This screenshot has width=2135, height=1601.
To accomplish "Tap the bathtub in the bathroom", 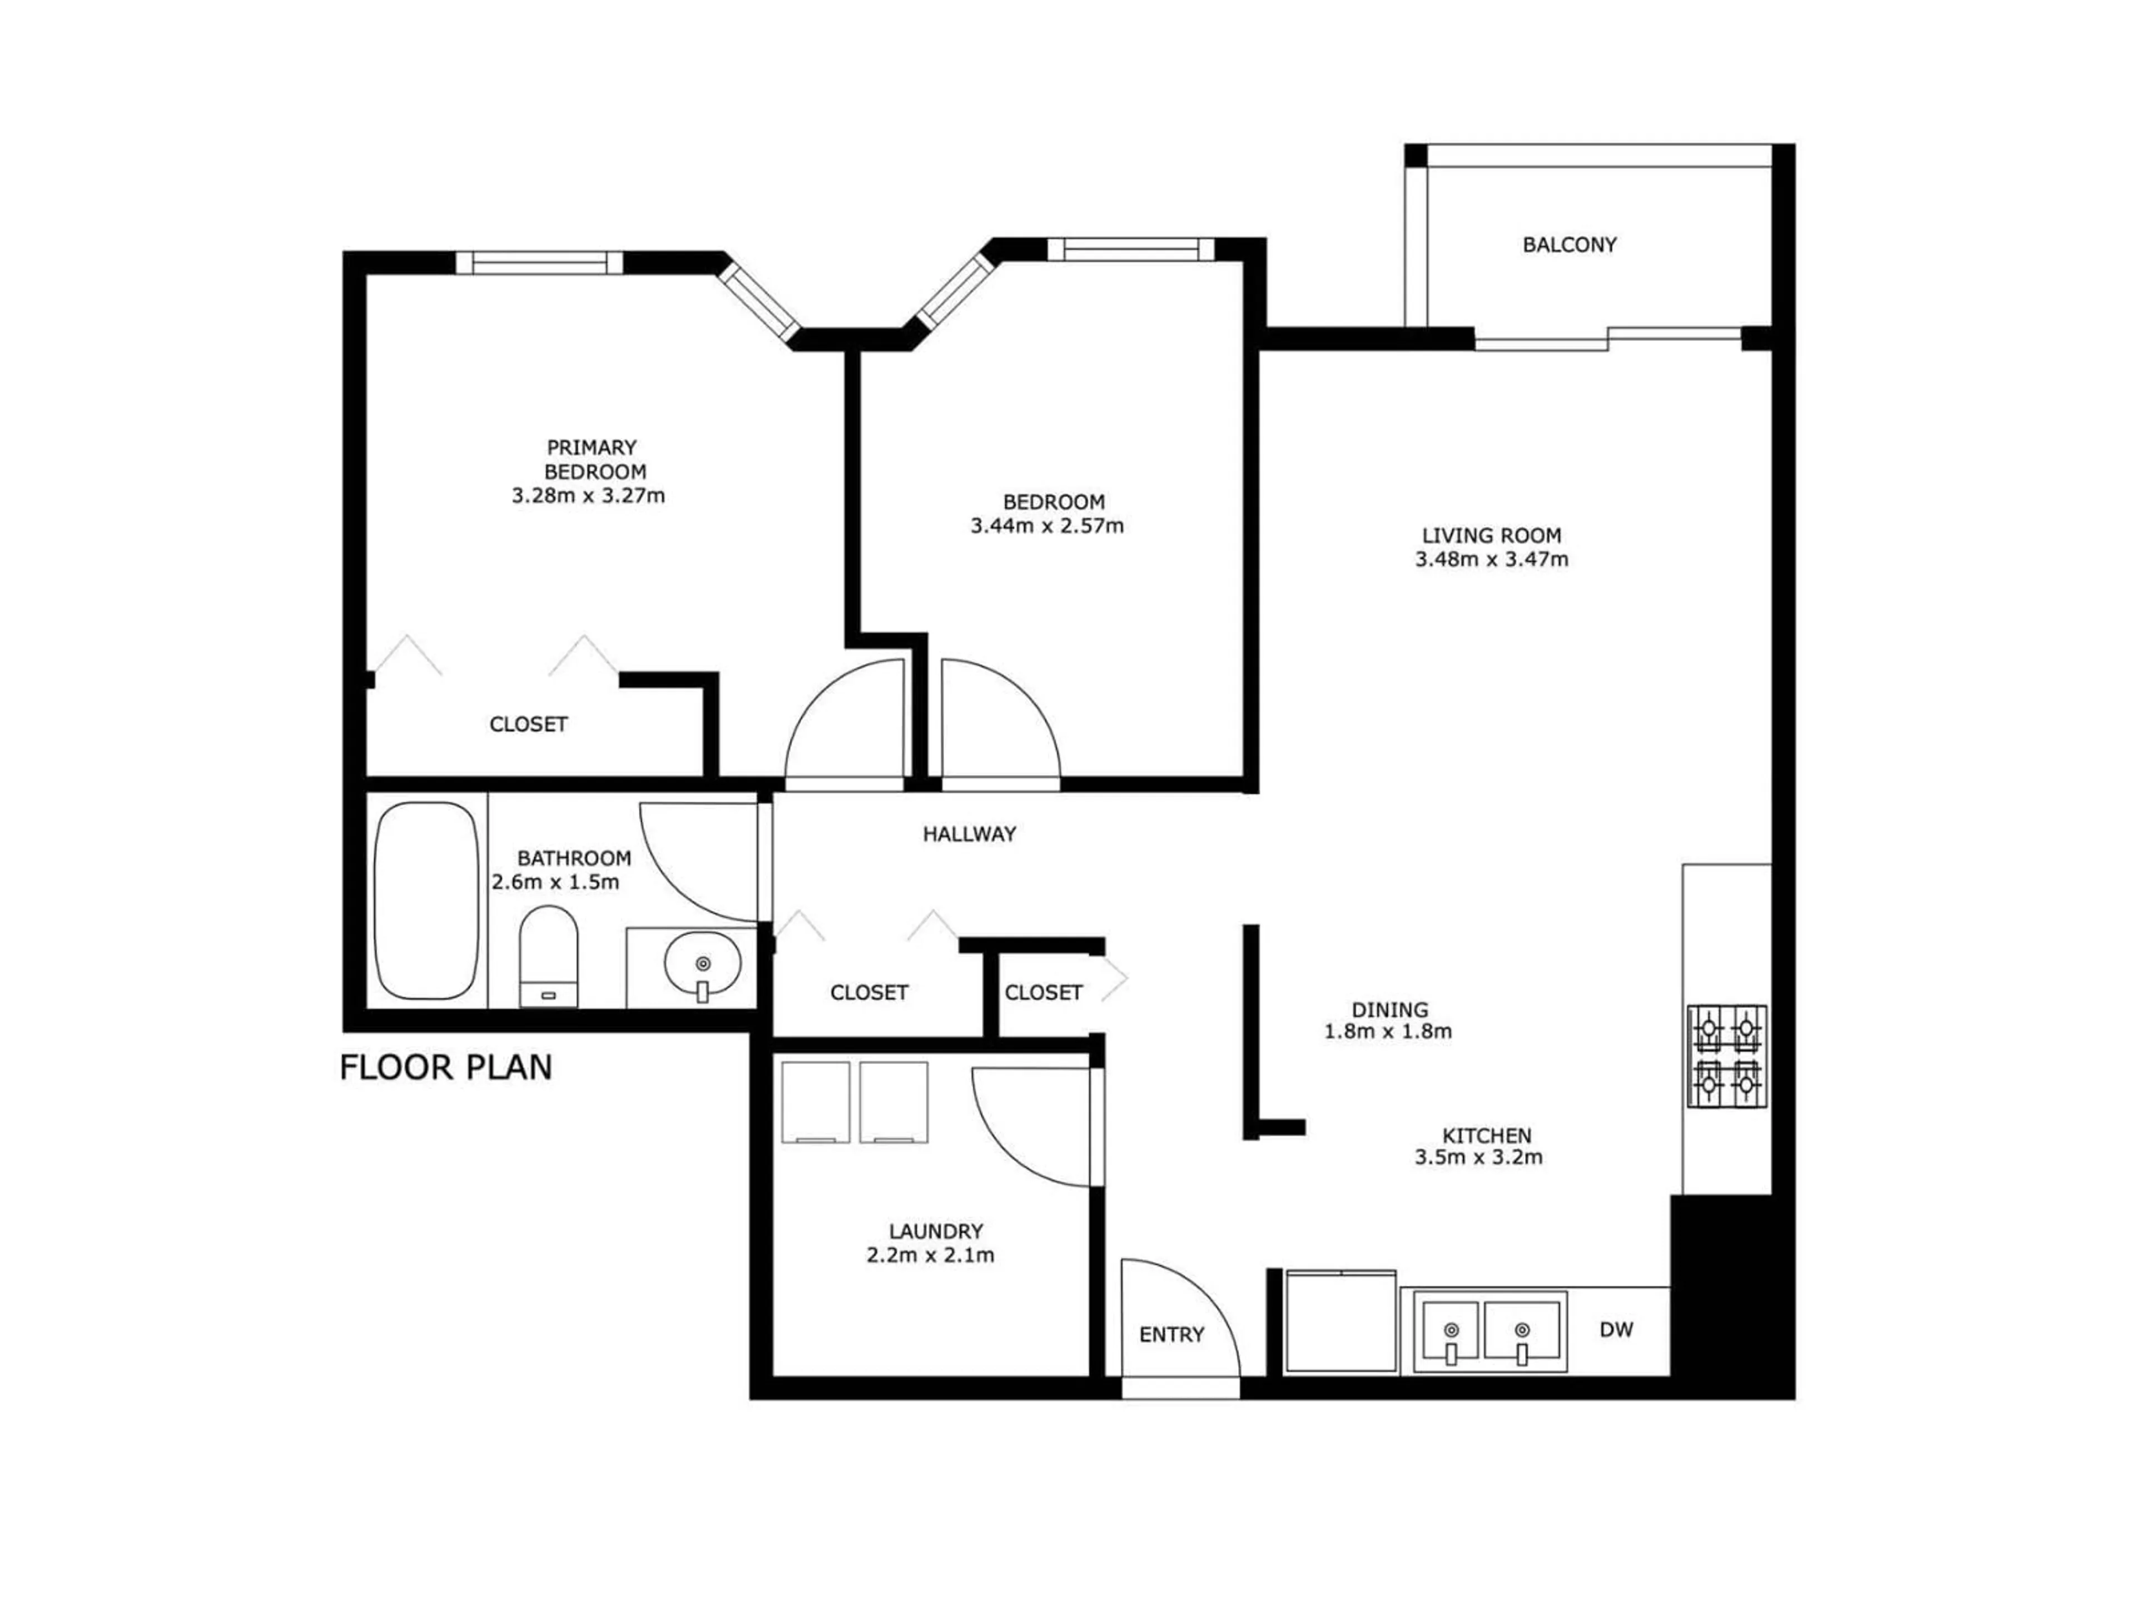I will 426,901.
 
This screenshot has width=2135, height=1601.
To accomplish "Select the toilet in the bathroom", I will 548,956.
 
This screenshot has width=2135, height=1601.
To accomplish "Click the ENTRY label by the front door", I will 1171,1335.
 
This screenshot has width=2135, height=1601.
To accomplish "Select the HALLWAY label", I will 969,834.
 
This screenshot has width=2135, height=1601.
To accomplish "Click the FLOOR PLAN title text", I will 446,1067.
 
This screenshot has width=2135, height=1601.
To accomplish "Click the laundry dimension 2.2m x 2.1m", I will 930,1256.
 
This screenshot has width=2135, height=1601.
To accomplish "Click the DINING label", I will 1389,1010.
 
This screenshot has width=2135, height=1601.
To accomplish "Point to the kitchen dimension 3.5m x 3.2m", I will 1479,1157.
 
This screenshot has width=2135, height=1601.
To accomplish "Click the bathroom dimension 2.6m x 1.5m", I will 556,882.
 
